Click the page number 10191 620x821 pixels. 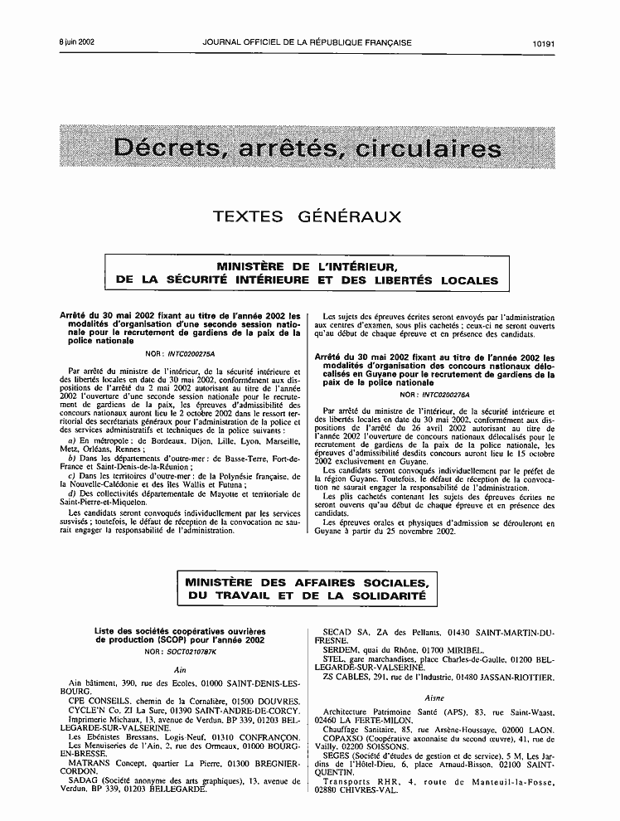tap(548, 41)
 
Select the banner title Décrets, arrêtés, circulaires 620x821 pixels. tap(308, 150)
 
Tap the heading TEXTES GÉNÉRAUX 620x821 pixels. tap(308, 217)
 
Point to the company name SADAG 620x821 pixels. tap(84, 780)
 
